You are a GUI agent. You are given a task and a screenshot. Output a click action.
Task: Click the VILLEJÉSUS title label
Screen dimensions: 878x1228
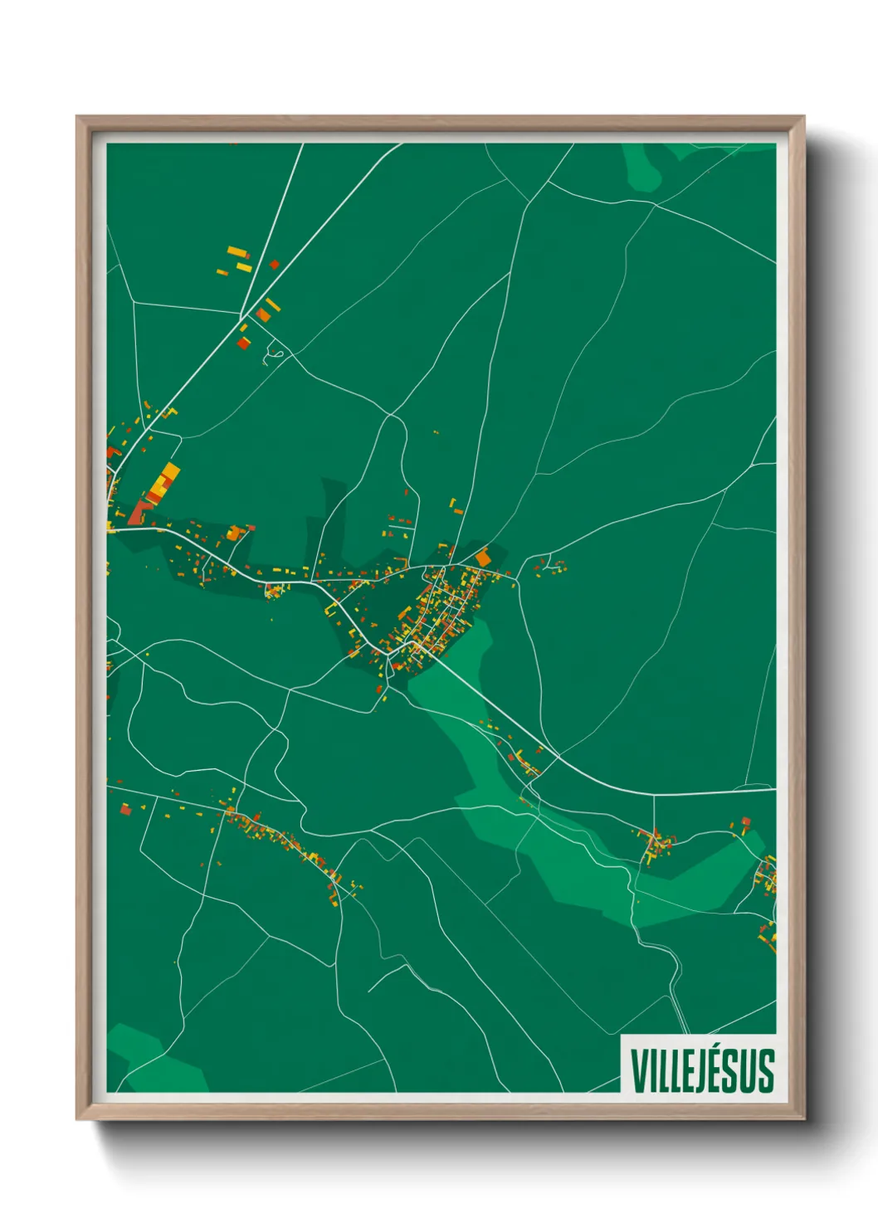tap(702, 1070)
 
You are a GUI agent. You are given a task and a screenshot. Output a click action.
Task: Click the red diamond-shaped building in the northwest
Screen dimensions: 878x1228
tap(274, 265)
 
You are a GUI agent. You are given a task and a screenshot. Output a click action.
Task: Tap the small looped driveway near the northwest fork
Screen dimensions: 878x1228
tap(275, 357)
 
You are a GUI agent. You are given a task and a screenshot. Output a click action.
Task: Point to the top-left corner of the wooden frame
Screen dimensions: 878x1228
tap(78, 118)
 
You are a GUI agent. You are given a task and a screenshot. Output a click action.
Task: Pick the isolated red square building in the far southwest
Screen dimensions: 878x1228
tap(125, 809)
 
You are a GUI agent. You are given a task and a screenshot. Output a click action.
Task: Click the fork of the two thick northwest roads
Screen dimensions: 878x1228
tap(241, 318)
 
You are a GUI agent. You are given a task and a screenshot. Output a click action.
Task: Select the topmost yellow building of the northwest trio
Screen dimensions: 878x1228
tap(237, 251)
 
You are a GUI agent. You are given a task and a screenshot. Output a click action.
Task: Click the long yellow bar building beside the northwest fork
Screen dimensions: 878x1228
tap(272, 305)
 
